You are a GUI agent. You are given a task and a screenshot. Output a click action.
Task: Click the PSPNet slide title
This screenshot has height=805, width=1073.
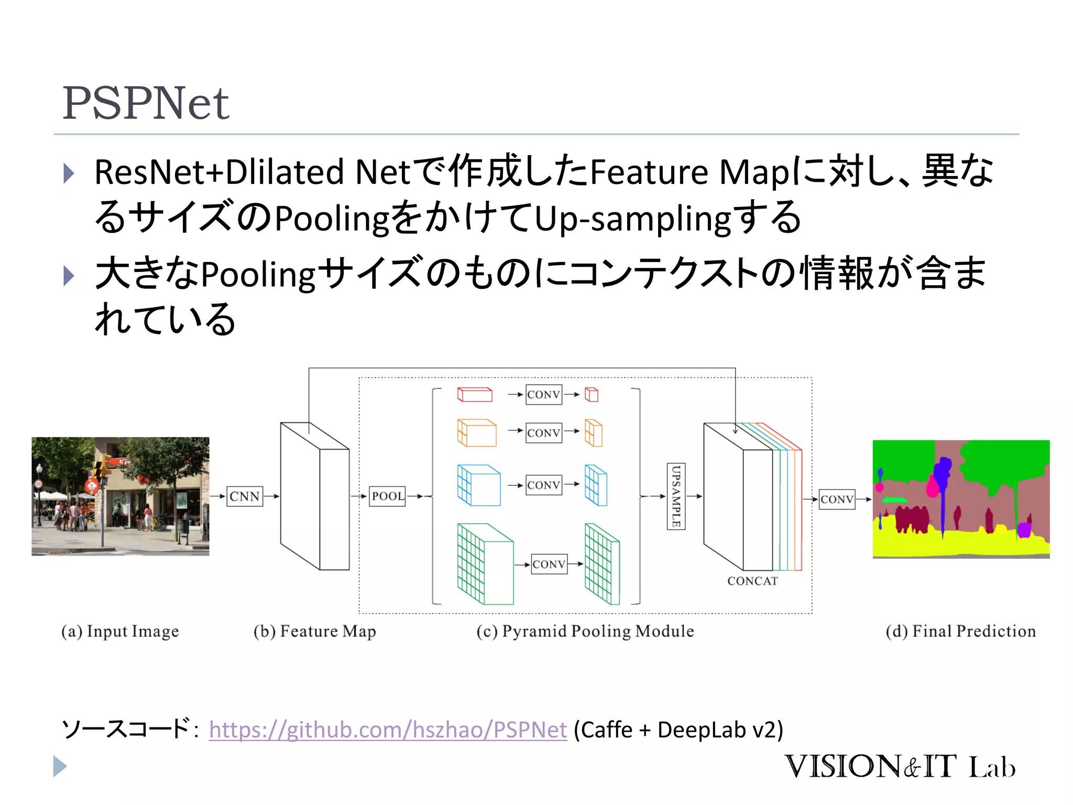pos(146,103)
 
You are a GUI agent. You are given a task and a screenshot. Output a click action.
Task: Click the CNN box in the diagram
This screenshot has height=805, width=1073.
pos(244,496)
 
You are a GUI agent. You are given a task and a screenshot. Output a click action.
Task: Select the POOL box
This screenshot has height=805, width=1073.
pos(388,496)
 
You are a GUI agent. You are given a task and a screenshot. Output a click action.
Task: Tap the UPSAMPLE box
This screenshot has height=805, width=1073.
pos(676,496)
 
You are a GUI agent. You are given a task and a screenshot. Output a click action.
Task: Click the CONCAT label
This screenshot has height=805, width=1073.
pos(752,581)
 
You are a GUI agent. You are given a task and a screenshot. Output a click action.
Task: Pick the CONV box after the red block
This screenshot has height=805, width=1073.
pos(543,395)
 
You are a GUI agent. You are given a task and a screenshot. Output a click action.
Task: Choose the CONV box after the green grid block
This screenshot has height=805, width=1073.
pos(549,564)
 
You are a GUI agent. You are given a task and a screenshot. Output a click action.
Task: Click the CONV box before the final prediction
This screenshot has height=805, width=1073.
pos(837,499)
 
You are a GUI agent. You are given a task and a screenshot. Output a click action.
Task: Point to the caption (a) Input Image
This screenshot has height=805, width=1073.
pos(120,631)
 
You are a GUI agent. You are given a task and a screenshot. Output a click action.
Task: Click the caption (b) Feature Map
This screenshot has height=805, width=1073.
pos(314,631)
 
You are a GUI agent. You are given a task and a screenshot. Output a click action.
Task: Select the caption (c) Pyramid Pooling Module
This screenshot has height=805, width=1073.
pos(585,631)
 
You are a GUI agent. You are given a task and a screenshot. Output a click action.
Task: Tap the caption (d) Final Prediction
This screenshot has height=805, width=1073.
pos(960,631)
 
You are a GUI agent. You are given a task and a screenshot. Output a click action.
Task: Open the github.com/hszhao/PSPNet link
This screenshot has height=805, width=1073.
pos(388,730)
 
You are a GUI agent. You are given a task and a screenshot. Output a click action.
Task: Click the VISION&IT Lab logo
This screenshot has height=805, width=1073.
pos(899,766)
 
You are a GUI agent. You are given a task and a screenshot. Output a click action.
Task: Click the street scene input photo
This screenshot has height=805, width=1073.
pos(120,496)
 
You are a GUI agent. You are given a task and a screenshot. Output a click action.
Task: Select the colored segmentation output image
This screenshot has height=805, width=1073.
pos(961,499)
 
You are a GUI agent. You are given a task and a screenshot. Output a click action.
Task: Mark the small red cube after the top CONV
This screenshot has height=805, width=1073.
pos(592,394)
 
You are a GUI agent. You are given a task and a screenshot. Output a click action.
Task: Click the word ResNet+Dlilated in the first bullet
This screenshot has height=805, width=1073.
pos(219,172)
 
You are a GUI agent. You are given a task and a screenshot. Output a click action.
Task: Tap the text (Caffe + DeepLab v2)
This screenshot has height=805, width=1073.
pos(678,730)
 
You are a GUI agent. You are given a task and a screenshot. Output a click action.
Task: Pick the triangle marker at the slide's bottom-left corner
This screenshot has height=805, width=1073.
pos(60,766)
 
